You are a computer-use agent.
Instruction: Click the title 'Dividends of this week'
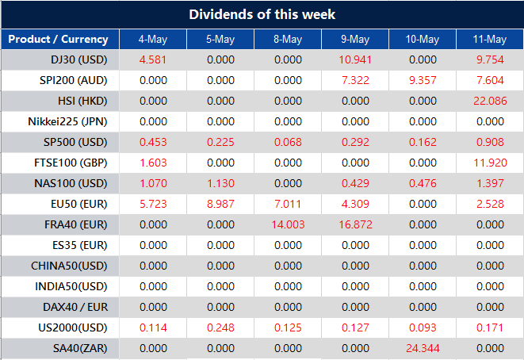coord(262,14)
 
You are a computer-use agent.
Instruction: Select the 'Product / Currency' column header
coord(59,40)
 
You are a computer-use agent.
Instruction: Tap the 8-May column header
coord(287,40)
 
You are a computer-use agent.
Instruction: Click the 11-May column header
coord(489,40)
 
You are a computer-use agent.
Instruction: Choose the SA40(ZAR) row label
coord(75,347)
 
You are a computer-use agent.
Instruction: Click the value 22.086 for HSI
coord(489,101)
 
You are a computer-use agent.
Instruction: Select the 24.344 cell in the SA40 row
coord(422,347)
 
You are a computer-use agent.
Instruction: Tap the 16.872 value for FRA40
coord(354,224)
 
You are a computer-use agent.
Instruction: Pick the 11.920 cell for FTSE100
coord(489,163)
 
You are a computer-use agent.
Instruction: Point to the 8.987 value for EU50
coord(220,204)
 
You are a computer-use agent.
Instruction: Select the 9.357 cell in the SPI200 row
coord(422,80)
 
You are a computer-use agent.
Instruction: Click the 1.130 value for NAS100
coord(220,183)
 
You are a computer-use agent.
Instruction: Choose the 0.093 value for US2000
coord(422,327)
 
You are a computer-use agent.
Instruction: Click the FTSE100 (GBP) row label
coord(69,163)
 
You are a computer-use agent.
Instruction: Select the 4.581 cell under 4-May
coord(152,59)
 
